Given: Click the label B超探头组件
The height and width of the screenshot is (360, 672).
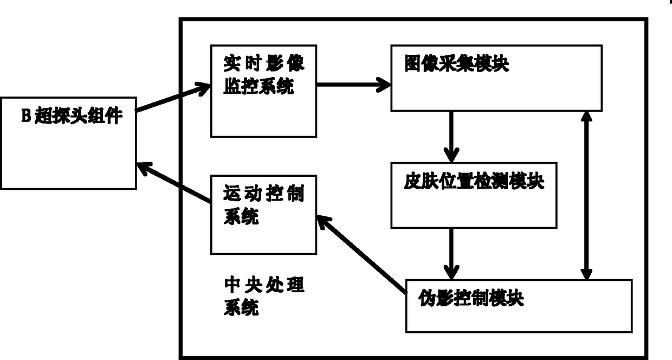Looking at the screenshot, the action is tap(72, 115).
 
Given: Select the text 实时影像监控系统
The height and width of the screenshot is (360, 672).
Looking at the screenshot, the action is tap(264, 75).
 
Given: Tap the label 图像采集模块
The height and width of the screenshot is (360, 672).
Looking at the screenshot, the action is tap(457, 63).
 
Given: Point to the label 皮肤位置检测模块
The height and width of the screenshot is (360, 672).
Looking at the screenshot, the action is tap(474, 181).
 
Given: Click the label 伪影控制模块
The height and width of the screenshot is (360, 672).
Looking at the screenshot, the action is tap(471, 298).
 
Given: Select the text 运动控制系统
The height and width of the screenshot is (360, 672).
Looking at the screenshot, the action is tap(264, 205).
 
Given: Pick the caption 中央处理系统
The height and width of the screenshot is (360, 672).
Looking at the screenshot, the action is tap(264, 296).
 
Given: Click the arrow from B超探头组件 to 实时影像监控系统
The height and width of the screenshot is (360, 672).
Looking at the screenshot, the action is tap(173, 97).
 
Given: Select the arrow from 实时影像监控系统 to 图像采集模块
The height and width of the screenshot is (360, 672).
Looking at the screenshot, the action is tap(354, 85).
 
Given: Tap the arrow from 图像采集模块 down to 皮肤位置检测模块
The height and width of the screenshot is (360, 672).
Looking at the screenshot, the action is tap(451, 137).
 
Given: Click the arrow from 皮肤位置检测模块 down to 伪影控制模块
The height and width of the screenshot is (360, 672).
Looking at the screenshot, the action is tap(451, 254).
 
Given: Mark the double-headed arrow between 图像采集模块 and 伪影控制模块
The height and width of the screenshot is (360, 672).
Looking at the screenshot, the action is tap(586, 196).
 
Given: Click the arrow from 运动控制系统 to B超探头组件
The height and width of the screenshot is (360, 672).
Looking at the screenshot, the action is tap(174, 182).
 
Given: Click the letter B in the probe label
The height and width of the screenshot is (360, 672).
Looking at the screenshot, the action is tap(26, 115).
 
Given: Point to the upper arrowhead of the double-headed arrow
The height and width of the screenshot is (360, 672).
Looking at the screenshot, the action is tap(586, 117).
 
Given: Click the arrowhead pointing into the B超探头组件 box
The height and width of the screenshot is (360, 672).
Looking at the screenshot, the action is tap(144, 168).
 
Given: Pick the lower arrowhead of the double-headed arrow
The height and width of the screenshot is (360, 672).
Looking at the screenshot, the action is tap(586, 274).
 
